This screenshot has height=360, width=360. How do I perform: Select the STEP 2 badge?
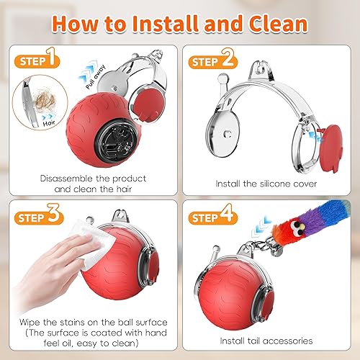pos(214,61)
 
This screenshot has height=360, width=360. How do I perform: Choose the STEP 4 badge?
pos(214,215)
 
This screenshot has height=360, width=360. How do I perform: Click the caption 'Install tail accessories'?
pos(266,341)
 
